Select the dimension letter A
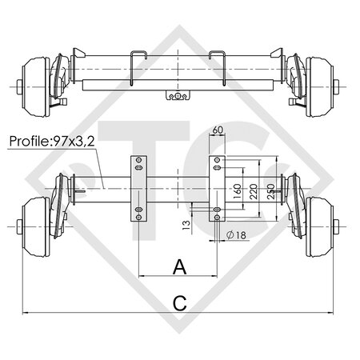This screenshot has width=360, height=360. (179, 266)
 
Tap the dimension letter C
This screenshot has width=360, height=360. (179, 302)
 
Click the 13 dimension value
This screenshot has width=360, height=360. (186, 225)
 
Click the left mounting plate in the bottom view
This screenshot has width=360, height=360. (138, 190)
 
